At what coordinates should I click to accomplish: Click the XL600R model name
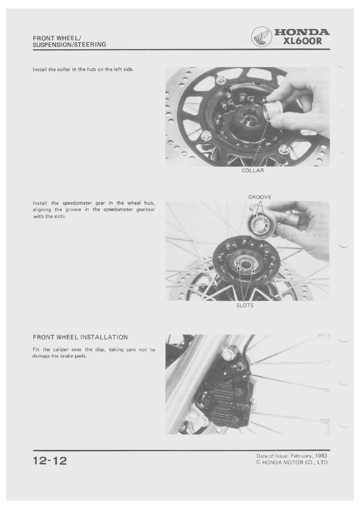pos(302,41)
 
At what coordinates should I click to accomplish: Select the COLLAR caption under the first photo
pos(253,170)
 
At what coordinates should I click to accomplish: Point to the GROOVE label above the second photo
pos(260,197)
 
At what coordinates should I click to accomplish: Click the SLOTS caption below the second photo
pos(245,305)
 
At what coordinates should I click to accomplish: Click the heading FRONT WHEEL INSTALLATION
pos(80,337)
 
